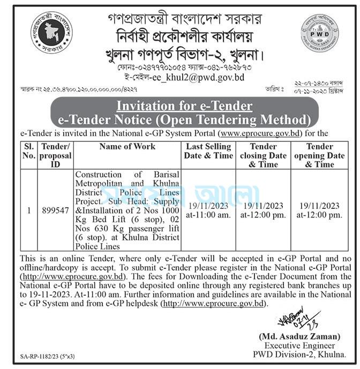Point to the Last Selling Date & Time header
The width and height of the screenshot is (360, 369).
(x=208, y=150)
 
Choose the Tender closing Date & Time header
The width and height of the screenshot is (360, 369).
(x=263, y=155)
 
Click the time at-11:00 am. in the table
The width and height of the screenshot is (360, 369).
(x=208, y=215)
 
